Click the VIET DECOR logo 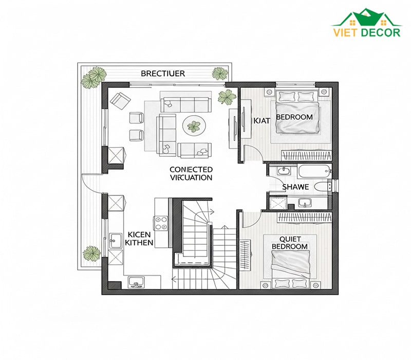pyautogui.click(x=367, y=23)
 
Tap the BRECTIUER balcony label pyautogui.click(x=163, y=73)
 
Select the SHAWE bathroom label pyautogui.click(x=295, y=187)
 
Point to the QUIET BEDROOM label pyautogui.click(x=290, y=243)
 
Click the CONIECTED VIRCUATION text pyautogui.click(x=191, y=173)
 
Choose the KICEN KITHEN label pyautogui.click(x=139, y=238)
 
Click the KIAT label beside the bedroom pyautogui.click(x=261, y=121)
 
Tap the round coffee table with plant pyautogui.click(x=194, y=125)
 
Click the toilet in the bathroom pyautogui.click(x=322, y=187)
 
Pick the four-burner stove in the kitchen pyautogui.click(x=161, y=223)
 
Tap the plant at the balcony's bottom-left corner pyautogui.click(x=92, y=253)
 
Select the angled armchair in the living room pyautogui.click(x=120, y=101)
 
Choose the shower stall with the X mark pyautogui.click(x=277, y=203)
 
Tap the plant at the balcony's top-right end pyautogui.click(x=220, y=73)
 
